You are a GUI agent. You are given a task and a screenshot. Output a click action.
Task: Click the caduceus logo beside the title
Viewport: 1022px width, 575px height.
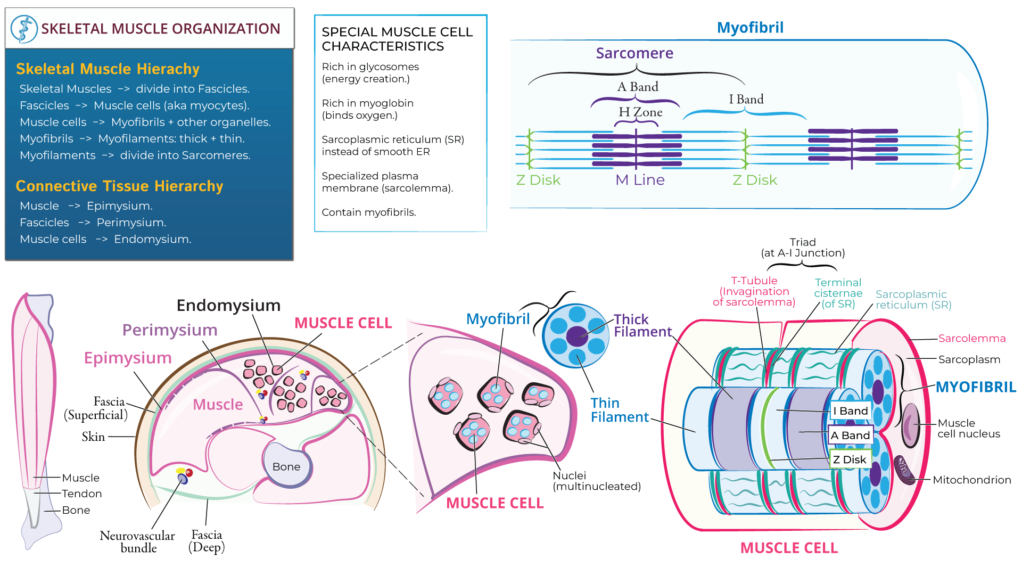pos(24,29)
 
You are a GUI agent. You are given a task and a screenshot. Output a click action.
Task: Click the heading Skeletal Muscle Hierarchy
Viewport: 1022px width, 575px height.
pos(108,69)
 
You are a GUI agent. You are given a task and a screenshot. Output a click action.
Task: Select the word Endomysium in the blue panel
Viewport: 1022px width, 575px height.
pos(152,239)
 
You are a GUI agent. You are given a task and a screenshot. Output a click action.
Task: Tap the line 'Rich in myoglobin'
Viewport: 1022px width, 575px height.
pos(367,103)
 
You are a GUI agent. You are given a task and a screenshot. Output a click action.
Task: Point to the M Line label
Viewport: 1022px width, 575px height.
pos(640,180)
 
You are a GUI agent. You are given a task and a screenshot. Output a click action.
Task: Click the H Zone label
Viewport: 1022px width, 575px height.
pos(640,112)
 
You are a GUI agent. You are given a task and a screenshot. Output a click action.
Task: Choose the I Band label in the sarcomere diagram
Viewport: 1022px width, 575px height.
pos(746,100)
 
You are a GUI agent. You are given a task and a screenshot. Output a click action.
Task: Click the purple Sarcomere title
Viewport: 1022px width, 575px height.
pos(634,53)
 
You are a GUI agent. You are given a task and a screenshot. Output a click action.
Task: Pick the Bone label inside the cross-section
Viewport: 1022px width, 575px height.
pos(286,466)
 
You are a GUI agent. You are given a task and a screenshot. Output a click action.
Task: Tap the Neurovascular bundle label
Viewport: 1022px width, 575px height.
pos(137,541)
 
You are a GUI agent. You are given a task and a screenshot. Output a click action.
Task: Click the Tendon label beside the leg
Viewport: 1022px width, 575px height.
pos(81,494)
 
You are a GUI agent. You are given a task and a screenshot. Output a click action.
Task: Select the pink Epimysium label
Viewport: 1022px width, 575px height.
pos(128,358)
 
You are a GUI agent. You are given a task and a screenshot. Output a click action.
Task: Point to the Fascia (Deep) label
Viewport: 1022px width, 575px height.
pos(207,541)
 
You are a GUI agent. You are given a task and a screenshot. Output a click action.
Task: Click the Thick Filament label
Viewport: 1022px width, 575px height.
pos(642,325)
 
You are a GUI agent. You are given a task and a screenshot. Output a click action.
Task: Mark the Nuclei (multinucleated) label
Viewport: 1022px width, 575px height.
pos(596,481)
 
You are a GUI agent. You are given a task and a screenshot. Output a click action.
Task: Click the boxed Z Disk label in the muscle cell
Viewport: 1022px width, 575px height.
pos(850,459)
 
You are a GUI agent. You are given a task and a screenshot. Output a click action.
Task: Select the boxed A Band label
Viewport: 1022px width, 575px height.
pos(850,436)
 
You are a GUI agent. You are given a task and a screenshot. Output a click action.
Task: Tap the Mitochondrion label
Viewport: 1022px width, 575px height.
pos(971,480)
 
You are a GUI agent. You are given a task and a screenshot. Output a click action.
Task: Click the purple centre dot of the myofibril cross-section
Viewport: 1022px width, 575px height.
pos(576,336)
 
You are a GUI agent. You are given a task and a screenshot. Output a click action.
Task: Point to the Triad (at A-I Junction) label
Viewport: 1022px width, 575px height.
pos(802,248)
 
